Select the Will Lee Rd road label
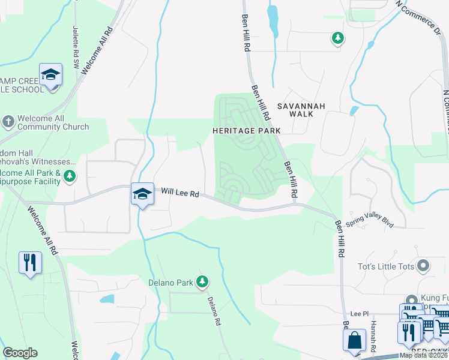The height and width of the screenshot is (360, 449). tap(179, 193)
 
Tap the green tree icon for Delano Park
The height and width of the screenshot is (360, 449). tap(203, 281)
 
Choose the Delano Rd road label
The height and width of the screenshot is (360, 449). tap(213, 311)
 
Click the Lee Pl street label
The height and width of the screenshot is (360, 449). tap(359, 313)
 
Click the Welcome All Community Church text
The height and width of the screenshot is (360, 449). tap(53, 123)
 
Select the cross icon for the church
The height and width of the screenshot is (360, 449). tap(8, 122)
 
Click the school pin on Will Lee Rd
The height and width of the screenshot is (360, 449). tap(142, 194)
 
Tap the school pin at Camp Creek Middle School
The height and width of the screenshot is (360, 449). tap(50, 76)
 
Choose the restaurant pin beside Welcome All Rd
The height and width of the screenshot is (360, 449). tap(30, 262)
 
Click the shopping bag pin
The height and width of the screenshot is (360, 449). tap(354, 340)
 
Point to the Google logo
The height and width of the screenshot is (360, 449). tap(20, 353)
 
